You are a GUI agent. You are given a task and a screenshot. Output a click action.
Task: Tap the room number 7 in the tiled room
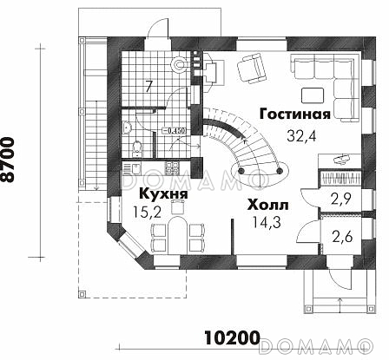(148, 85)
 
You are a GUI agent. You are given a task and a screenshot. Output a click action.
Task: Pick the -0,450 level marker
(176, 131)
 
